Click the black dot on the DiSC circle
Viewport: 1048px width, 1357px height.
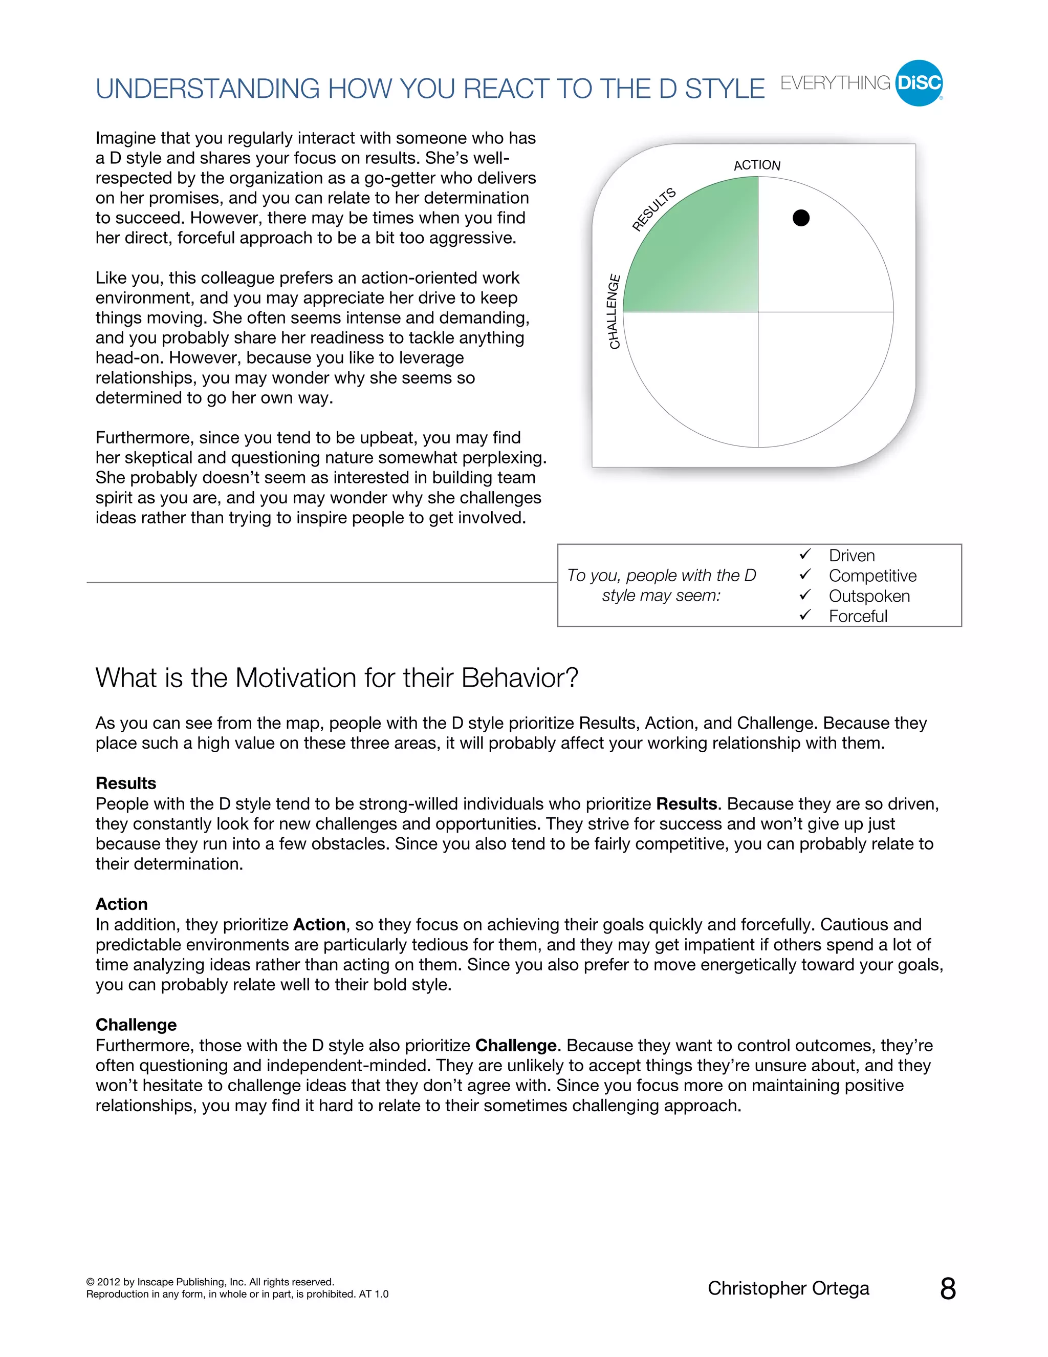(801, 218)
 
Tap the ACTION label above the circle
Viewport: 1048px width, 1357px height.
(757, 165)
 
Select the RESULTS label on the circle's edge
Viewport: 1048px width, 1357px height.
(654, 209)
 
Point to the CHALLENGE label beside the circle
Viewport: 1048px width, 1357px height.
(614, 311)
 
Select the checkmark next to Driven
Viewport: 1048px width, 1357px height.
(805, 554)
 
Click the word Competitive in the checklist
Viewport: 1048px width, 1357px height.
(872, 576)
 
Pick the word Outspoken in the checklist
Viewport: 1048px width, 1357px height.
(869, 597)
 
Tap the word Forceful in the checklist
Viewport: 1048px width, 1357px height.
(858, 617)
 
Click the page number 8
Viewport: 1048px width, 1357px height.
(947, 1289)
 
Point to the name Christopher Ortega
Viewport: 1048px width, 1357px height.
(788, 1289)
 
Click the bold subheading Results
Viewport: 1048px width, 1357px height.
(126, 783)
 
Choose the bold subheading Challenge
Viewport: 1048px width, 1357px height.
(136, 1025)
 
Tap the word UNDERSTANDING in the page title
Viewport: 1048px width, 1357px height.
(207, 90)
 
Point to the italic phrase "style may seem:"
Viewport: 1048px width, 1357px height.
(661, 596)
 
